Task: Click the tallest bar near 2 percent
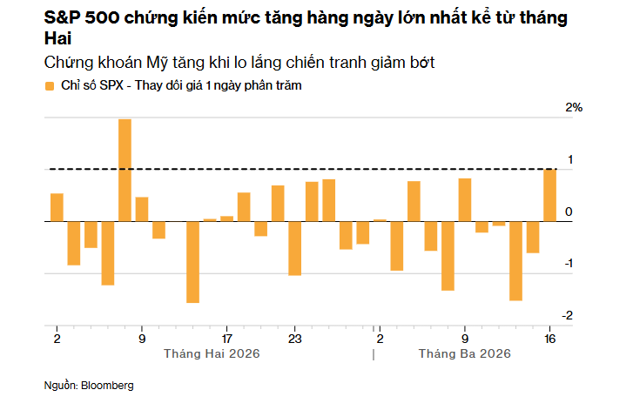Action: (125, 170)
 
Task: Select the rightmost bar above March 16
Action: (550, 195)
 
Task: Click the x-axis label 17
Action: (227, 338)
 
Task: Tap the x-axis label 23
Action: (295, 338)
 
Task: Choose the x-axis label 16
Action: (550, 338)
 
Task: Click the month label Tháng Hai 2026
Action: (212, 354)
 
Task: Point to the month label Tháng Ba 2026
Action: (464, 354)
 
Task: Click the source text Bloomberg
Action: (107, 384)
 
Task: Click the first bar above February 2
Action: (57, 207)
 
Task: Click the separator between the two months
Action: (374, 354)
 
